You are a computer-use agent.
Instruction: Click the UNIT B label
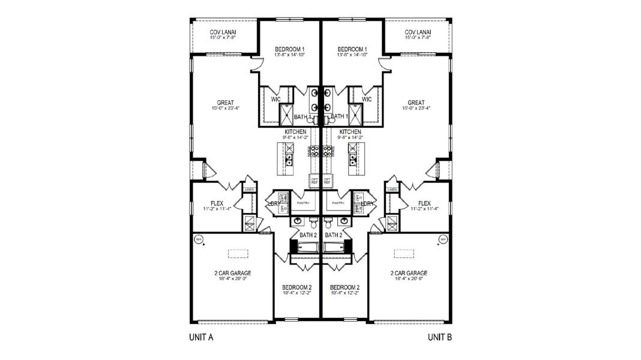click(440, 337)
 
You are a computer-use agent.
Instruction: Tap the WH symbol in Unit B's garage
click(443, 239)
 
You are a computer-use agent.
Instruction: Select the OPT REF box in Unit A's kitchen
click(313, 179)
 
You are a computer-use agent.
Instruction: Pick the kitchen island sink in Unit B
click(354, 160)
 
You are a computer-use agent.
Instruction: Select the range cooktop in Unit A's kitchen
click(314, 151)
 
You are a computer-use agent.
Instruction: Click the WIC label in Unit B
click(367, 99)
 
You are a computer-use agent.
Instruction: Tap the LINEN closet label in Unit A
click(249, 190)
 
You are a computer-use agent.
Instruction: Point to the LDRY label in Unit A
click(273, 204)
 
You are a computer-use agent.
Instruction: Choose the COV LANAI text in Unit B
click(418, 32)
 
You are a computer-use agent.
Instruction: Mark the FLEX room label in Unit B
click(424, 203)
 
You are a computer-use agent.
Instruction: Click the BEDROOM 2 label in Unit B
click(345, 287)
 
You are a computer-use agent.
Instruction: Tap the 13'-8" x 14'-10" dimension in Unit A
click(290, 55)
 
